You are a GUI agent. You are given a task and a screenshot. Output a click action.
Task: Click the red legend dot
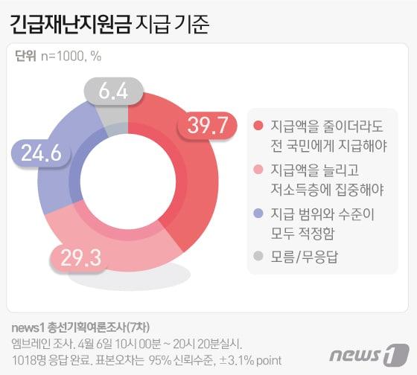point(258,125)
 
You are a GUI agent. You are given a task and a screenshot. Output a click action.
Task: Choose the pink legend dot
point(258,170)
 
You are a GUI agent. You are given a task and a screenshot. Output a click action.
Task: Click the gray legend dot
point(258,257)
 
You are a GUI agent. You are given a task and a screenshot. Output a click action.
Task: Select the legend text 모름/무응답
point(302,257)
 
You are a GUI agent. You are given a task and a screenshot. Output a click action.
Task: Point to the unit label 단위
point(25,56)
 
